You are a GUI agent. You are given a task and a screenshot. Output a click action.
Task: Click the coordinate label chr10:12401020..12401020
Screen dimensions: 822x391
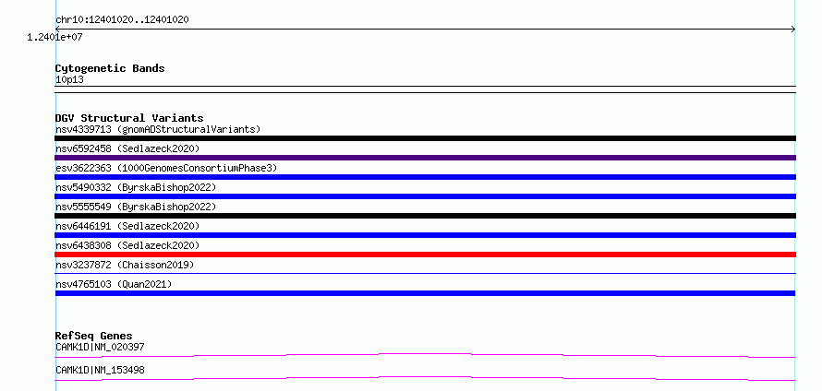tap(122, 20)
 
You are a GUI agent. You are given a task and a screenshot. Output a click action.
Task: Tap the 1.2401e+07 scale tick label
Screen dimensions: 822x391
tap(54, 37)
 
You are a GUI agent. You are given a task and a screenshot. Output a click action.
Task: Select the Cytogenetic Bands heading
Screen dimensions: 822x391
tap(110, 68)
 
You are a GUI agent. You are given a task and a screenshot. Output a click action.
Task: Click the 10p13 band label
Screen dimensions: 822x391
tap(69, 80)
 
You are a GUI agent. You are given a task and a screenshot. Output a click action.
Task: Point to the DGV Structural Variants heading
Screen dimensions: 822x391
tap(129, 118)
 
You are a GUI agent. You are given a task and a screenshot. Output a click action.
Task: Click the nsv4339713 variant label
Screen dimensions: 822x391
tap(83, 129)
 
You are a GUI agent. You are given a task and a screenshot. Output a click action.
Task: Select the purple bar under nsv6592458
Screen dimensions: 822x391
tap(425, 158)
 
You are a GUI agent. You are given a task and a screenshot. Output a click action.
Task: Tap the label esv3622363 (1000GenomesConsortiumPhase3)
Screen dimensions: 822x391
tap(166, 169)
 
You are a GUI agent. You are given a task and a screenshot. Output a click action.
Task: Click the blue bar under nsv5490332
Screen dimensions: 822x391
tap(425, 196)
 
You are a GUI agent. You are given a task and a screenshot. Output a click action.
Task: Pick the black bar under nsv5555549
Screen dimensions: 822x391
tap(425, 216)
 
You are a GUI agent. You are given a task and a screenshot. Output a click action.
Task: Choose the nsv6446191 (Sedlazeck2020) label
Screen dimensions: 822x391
tap(127, 227)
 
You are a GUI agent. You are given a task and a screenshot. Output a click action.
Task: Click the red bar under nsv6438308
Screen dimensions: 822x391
tap(425, 255)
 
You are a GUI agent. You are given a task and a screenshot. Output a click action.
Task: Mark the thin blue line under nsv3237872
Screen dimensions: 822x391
tap(425, 273)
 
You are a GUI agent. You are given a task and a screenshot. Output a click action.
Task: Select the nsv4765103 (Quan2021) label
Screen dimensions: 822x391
tap(114, 285)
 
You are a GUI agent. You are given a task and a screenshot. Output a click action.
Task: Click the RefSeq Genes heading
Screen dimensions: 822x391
tap(94, 336)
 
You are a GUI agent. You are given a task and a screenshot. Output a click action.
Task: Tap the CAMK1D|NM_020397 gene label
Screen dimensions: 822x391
tap(100, 347)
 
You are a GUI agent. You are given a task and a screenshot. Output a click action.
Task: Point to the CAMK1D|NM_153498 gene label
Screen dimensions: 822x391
tap(100, 371)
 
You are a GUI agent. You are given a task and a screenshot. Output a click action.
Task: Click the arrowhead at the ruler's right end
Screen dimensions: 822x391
tap(793, 30)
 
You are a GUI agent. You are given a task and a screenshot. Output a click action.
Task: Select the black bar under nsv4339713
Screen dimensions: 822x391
tap(425, 138)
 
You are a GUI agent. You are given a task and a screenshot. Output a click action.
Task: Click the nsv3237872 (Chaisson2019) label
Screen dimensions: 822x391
tap(125, 266)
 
